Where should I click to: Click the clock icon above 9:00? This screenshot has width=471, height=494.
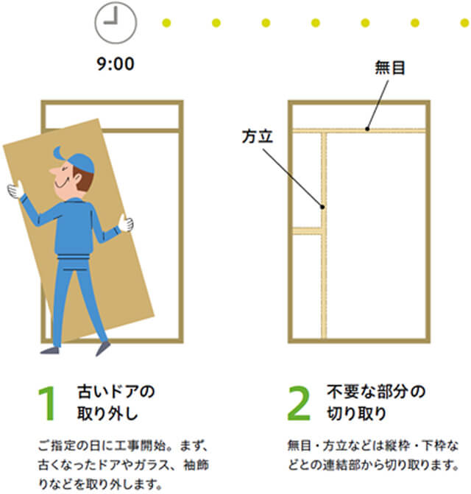(x=116, y=22)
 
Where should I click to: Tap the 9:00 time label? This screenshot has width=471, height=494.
(x=116, y=64)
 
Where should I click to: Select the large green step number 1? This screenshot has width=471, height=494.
(x=47, y=403)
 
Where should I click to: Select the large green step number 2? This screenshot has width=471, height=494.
(x=299, y=403)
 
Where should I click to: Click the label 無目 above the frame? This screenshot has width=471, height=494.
(x=390, y=68)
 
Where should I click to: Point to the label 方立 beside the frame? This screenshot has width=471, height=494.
(x=258, y=136)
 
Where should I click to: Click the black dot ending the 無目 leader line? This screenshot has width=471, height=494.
(x=367, y=129)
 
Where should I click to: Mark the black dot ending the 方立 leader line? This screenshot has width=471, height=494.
(x=322, y=207)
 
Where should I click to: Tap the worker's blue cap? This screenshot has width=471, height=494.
(x=76, y=160)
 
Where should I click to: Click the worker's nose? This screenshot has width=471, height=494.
(x=53, y=171)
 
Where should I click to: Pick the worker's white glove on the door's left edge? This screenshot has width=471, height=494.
(x=15, y=190)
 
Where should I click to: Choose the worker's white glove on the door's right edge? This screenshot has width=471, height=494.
(x=126, y=223)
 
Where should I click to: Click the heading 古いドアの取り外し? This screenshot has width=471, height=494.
(x=116, y=402)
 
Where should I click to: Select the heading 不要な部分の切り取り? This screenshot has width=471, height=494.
(x=376, y=402)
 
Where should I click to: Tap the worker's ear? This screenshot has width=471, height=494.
(x=77, y=179)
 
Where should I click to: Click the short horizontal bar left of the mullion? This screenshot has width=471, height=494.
(x=308, y=230)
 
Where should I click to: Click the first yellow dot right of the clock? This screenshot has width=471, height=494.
(x=166, y=23)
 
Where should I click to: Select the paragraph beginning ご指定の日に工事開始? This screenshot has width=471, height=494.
(x=124, y=465)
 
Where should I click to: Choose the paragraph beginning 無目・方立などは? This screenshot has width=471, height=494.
(x=373, y=456)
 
